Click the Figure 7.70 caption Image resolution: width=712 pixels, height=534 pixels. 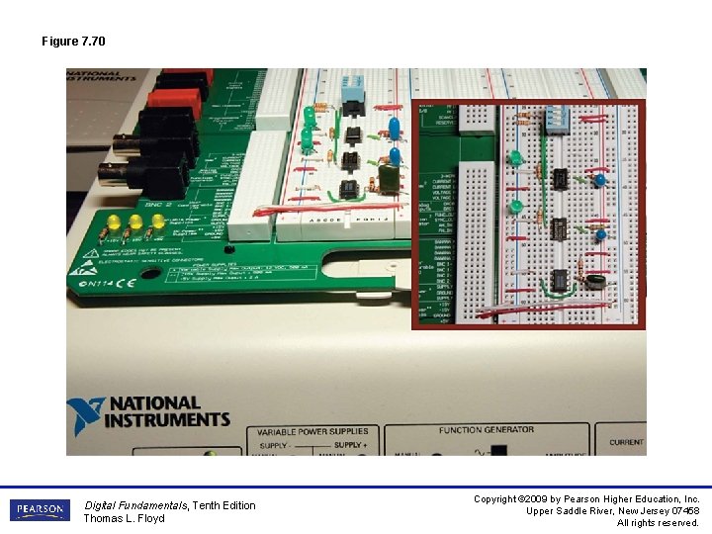[73, 42]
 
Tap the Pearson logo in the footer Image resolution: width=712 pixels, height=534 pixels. [40, 510]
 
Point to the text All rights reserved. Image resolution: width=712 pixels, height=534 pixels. [658, 522]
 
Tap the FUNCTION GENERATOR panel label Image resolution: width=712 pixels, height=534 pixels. [488, 430]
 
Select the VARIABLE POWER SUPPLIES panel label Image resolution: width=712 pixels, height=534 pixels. [312, 432]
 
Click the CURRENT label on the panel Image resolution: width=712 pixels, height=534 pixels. [626, 442]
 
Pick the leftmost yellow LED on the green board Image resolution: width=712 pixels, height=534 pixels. [113, 220]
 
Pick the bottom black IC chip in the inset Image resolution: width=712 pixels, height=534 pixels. [560, 278]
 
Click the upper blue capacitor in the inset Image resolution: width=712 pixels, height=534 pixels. [598, 181]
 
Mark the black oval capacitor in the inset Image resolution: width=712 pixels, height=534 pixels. [595, 281]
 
